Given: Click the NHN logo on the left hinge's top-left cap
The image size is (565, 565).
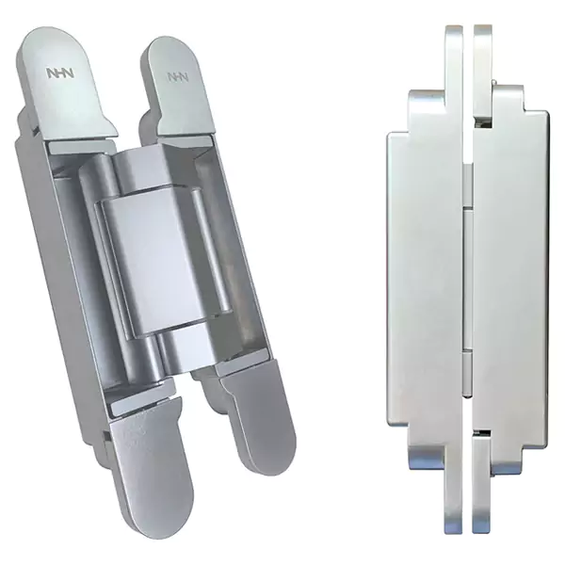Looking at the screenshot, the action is point(60,73).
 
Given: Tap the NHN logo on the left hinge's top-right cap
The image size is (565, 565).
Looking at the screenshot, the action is point(178,77).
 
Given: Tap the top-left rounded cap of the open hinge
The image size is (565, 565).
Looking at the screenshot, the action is point(66,85).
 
